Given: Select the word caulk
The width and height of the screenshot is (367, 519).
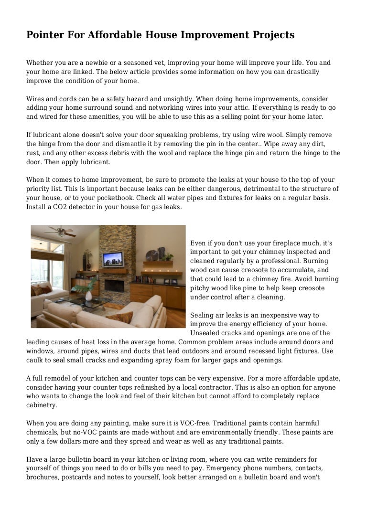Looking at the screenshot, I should point(36,360).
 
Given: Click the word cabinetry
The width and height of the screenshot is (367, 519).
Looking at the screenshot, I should point(42,405).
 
